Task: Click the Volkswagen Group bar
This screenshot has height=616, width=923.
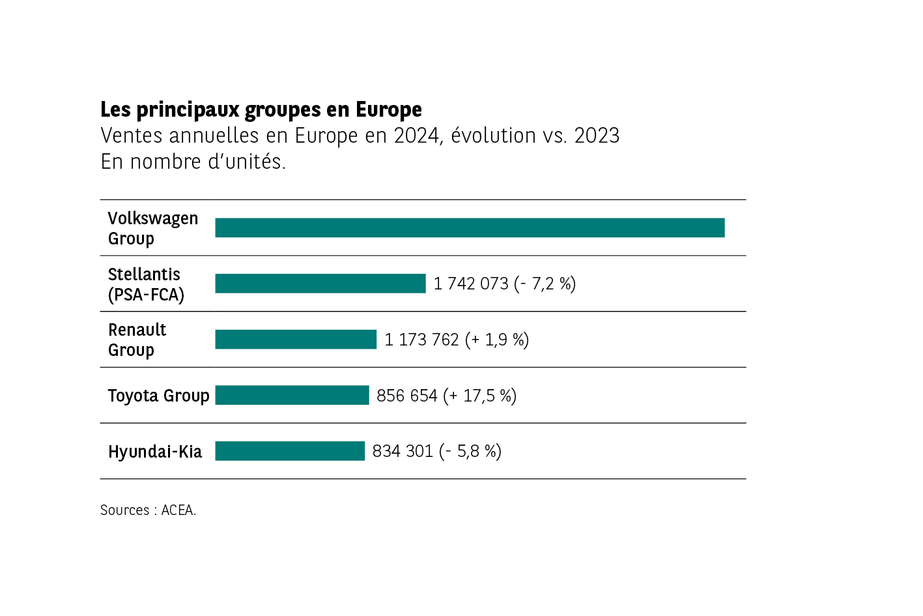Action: pos(470,227)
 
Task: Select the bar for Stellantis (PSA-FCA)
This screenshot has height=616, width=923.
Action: pos(320,284)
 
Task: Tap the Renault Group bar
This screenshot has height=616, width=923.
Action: pos(296,340)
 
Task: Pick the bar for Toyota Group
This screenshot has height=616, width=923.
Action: pos(292,395)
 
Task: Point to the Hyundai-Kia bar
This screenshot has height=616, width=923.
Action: pos(290,451)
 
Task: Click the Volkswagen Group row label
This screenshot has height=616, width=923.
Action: pos(153,228)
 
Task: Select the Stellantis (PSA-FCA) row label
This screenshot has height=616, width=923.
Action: pos(146,284)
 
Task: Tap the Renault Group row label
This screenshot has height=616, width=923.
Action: pos(137,340)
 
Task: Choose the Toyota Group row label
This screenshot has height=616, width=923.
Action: pos(158,396)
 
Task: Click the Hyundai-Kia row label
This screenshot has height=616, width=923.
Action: pos(155,452)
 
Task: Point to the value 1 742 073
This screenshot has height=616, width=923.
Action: pos(471,284)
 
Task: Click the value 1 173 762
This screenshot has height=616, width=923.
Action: pos(421,340)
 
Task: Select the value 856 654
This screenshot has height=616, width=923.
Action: pos(407,396)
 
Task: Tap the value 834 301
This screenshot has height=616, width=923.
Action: pos(403,451)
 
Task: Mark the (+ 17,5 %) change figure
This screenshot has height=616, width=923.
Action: pos(480,396)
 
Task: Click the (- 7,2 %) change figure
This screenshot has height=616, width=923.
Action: pos(545,284)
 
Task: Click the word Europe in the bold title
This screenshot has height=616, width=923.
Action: pos(389,110)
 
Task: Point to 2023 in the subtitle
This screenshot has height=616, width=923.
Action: pos(597,136)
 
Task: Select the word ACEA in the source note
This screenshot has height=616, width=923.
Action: pos(178,510)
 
